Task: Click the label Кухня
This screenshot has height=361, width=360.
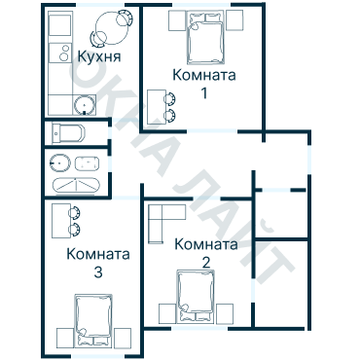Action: pos(98,57)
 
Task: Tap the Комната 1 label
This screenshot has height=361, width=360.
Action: pos(203,75)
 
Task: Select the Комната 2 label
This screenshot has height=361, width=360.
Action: pos(205,245)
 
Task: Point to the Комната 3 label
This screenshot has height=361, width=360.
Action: pos(97,255)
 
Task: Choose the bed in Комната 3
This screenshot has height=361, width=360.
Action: pos(93,324)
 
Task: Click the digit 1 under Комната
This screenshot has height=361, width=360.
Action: pos(203,93)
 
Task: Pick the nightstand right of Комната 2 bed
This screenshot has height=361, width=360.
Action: pos(226,312)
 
